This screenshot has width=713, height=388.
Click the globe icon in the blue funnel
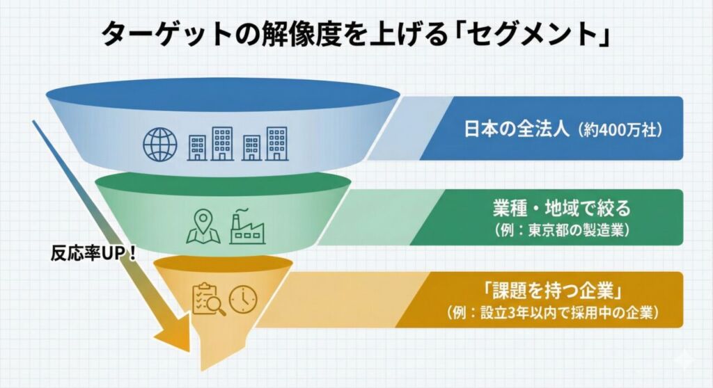[x=160, y=144]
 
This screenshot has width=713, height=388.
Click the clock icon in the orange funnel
[x=242, y=298]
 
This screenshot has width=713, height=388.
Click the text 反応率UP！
[x=93, y=252]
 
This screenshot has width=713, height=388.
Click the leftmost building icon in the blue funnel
[x=198, y=146]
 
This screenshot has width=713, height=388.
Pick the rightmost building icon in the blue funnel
[x=276, y=143]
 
